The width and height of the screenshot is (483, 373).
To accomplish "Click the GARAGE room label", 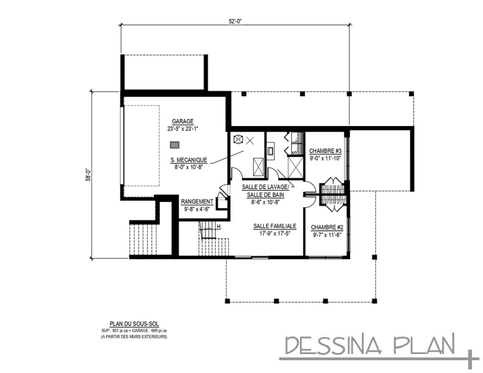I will (x=183, y=121).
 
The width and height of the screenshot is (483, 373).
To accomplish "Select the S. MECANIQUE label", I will (x=189, y=160).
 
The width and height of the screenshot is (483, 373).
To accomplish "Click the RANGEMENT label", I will (x=197, y=201).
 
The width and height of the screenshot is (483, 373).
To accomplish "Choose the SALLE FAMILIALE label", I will (x=275, y=226).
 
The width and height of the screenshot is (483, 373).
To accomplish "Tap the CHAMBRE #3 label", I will (x=325, y=151).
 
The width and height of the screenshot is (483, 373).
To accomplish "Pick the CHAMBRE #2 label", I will (x=327, y=227).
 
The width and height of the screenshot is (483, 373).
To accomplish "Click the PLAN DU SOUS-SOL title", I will (x=134, y=324).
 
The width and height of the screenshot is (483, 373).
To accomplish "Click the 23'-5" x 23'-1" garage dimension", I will (x=183, y=128).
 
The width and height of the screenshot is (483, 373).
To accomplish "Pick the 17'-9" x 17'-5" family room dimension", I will (x=274, y=233).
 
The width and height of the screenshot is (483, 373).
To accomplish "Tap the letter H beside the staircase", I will (x=219, y=227).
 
